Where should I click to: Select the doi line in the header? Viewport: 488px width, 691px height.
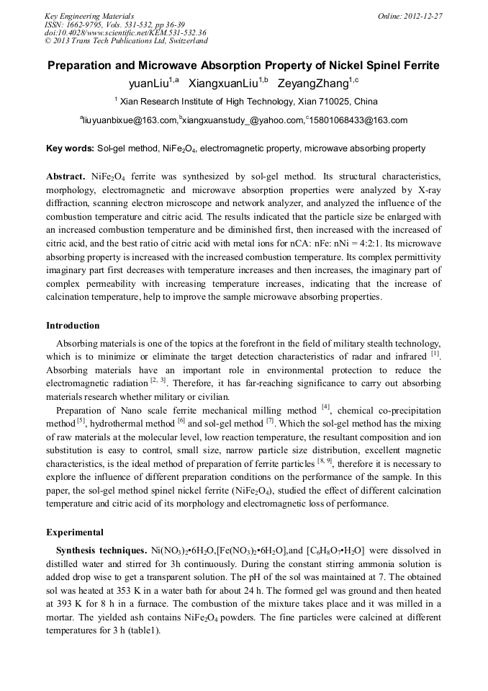125,32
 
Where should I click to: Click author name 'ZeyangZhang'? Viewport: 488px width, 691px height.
317,83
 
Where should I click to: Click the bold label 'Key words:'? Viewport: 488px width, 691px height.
70,148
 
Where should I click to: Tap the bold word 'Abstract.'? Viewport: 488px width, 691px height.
66,176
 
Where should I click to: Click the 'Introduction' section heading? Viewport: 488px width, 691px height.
73,326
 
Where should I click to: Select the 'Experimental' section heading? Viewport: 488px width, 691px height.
75,532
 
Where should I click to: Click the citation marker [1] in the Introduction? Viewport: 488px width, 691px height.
435,354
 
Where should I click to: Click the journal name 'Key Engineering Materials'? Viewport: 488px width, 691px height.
89,16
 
